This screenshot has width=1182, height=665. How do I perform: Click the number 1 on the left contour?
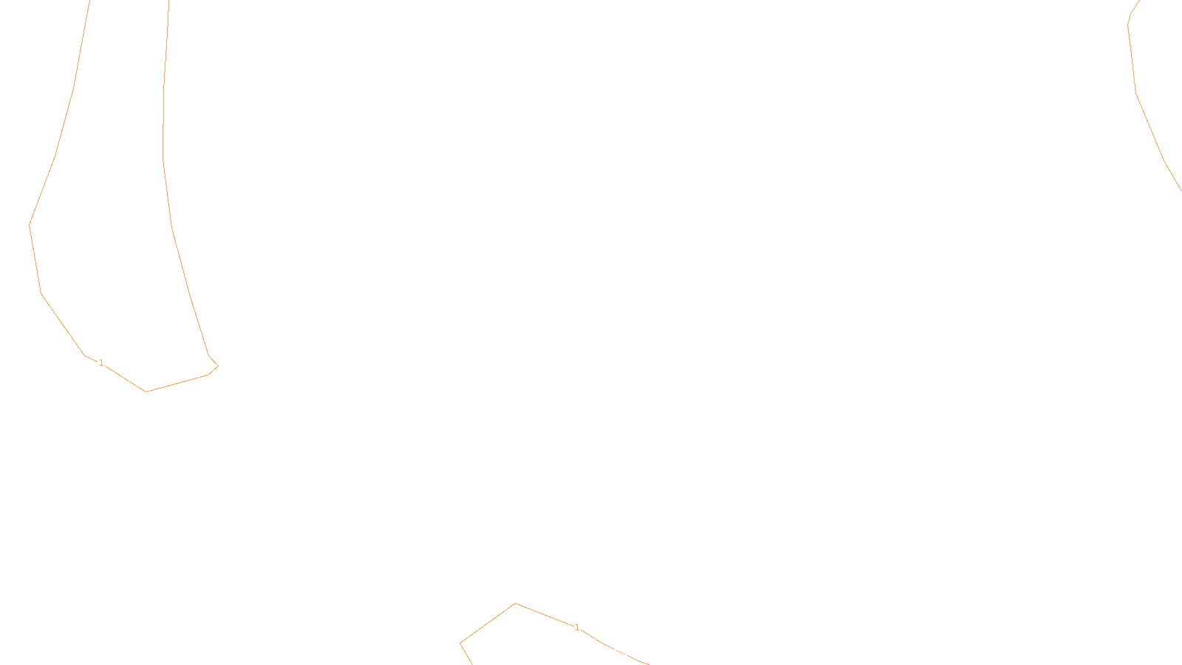point(101,363)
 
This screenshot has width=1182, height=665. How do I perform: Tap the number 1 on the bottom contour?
point(577,627)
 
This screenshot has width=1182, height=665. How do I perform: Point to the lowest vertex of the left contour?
point(146,392)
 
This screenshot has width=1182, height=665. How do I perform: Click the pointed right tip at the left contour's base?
point(218,366)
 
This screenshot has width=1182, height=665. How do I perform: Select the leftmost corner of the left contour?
point(29,225)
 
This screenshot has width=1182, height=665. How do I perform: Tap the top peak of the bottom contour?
point(516,603)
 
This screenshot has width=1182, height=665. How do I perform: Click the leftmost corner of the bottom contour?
point(460,643)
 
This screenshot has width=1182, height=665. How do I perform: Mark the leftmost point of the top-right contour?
point(1127,25)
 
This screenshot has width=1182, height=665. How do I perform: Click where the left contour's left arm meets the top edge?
point(89,1)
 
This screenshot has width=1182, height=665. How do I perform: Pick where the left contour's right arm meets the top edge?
point(169,1)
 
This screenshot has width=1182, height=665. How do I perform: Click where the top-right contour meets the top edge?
point(1140,1)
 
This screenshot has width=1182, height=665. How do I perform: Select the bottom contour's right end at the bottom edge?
point(649,664)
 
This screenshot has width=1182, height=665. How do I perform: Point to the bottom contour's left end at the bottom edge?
point(472,664)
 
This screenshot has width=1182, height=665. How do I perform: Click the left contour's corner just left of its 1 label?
point(84,355)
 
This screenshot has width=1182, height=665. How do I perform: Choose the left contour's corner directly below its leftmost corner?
point(41,293)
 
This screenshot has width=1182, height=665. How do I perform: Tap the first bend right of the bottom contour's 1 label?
point(603,643)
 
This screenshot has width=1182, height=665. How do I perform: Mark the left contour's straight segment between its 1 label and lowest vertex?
point(126,378)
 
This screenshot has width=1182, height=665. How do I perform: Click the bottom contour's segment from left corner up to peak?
point(488,624)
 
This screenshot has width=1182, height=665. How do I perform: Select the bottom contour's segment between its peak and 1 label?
point(544,614)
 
